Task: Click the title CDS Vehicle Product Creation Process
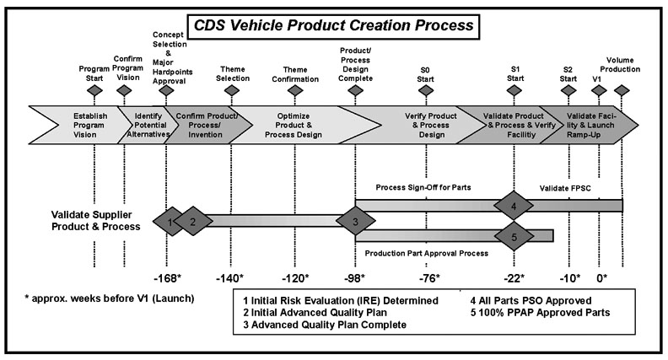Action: pyautogui.click(x=334, y=25)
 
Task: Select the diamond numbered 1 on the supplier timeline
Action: pyautogui.click(x=170, y=222)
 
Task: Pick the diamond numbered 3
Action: pyautogui.click(x=355, y=222)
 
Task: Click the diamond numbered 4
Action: pyautogui.click(x=514, y=205)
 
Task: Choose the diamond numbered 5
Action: pyautogui.click(x=514, y=236)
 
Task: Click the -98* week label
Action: pyautogui.click(x=356, y=278)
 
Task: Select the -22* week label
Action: pyautogui.click(x=514, y=278)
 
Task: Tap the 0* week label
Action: pyautogui.click(x=602, y=278)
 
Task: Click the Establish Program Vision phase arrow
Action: pyautogui.click(x=74, y=124)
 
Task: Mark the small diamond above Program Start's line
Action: pyautogui.click(x=94, y=89)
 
